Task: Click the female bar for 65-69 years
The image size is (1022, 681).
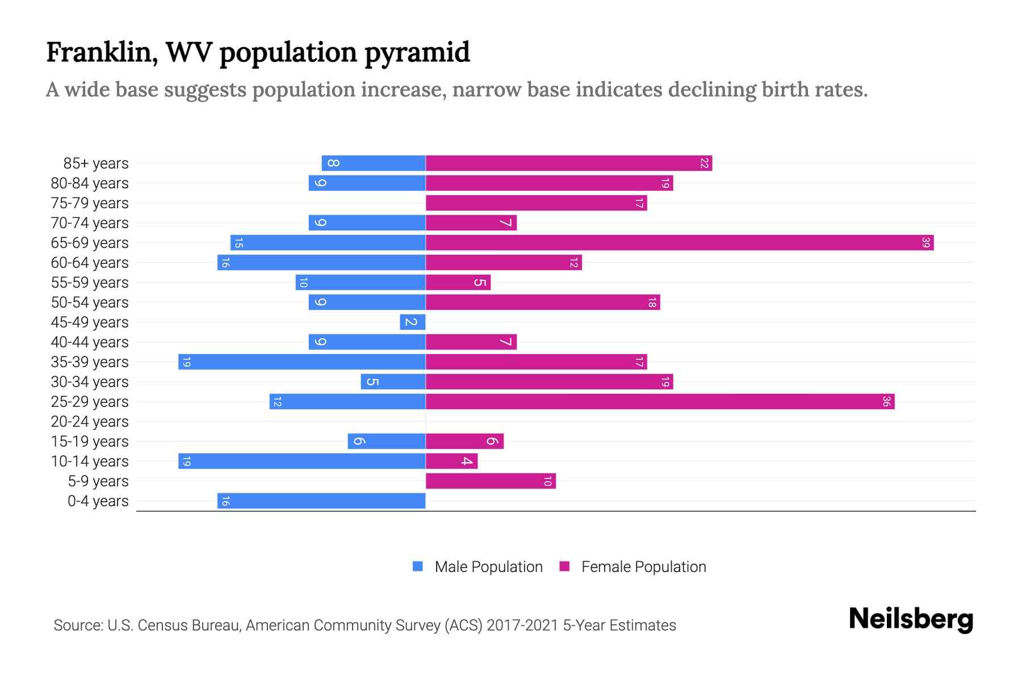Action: (679, 243)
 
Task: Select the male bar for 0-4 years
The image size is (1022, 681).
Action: (321, 501)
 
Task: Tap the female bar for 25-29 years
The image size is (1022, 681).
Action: (660, 402)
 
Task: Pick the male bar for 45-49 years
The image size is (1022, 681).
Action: (413, 322)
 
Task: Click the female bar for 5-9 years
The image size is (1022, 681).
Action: (491, 481)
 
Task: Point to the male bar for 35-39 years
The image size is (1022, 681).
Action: (302, 362)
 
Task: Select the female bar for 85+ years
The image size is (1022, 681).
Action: (568, 163)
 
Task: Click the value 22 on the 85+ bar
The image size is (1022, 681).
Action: (704, 163)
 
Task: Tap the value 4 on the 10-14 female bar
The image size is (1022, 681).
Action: (467, 461)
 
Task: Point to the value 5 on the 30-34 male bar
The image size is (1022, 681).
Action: (372, 382)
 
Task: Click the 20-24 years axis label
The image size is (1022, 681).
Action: (90, 422)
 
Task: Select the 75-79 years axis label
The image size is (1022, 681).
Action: (90, 203)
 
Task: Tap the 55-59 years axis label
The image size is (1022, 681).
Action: (90, 283)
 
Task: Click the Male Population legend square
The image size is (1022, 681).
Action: (418, 566)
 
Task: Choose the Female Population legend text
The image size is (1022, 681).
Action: (643, 567)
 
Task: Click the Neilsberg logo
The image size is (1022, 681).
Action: (911, 619)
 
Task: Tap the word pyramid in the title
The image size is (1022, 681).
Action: (417, 53)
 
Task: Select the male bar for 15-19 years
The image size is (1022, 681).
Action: (387, 442)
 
